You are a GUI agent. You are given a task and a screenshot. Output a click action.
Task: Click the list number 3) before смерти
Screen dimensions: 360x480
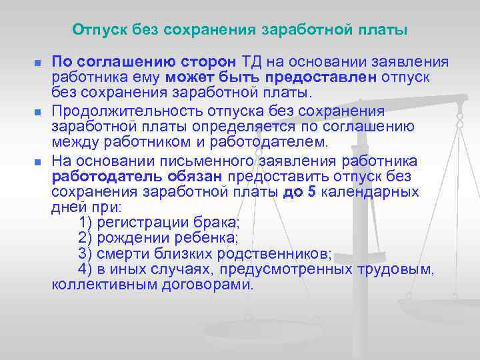(x=85, y=253)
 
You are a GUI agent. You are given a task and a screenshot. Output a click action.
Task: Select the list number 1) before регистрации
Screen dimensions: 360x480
(x=85, y=222)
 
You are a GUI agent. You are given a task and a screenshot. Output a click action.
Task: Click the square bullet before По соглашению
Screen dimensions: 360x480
(x=38, y=63)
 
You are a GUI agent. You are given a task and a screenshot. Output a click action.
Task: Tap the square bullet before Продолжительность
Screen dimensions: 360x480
(x=38, y=111)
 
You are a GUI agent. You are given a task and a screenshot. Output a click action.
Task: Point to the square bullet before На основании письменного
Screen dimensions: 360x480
(x=38, y=162)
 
